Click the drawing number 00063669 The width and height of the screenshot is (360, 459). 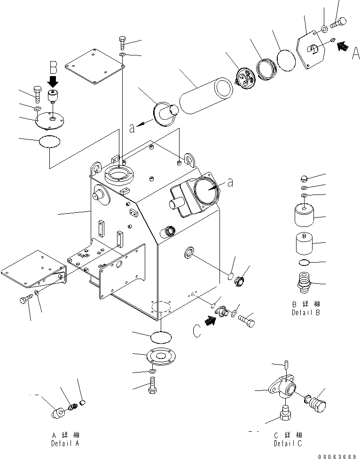point(337,456)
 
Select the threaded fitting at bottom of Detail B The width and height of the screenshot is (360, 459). point(304,282)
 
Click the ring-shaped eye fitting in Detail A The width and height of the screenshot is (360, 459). point(58,412)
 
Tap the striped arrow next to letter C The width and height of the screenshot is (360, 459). point(211,320)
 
